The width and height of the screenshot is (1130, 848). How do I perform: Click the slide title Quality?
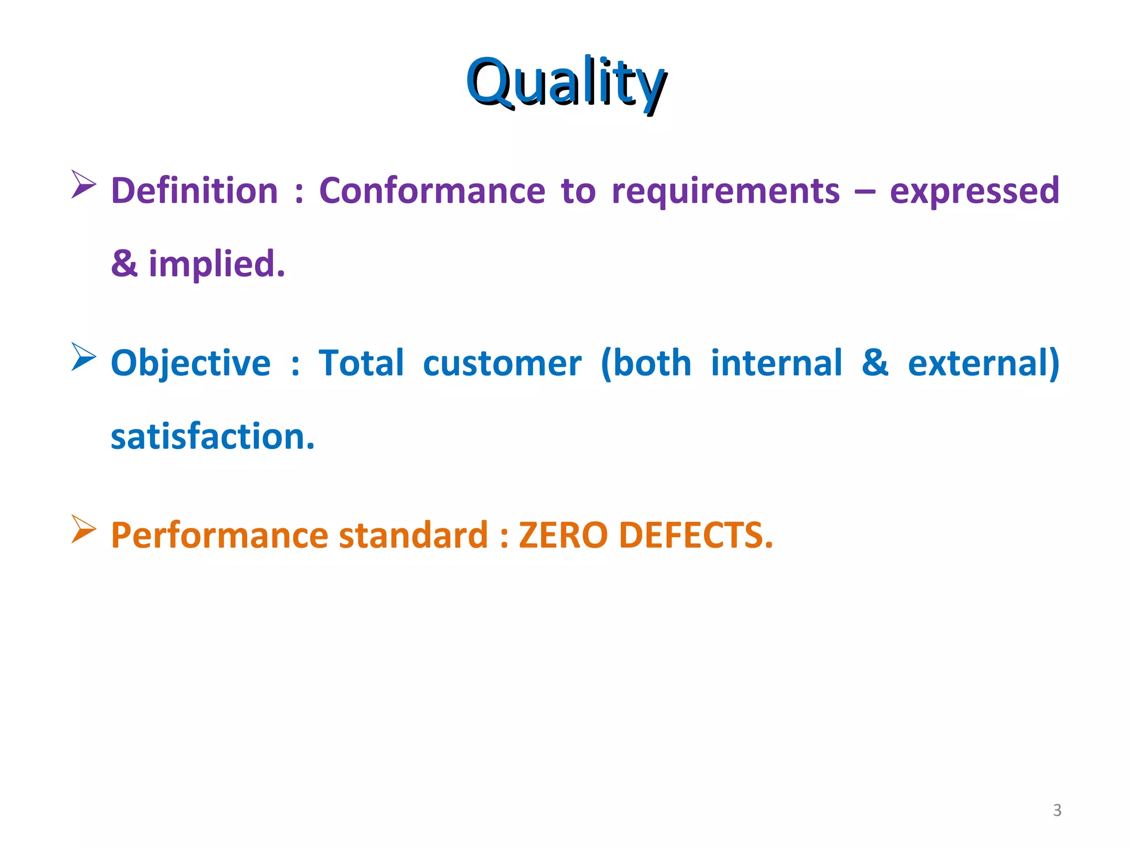coord(566,83)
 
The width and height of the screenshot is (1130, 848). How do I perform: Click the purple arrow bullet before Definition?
coord(83,184)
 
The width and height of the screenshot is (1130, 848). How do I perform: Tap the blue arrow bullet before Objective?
coord(83,357)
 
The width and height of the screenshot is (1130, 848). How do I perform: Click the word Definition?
coord(194,191)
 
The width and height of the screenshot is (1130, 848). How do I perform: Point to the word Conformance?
coord(432,191)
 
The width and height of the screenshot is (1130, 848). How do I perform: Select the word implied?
coord(217,264)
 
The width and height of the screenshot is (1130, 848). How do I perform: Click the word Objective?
coord(191,364)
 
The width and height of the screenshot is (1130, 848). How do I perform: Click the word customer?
coord(502,364)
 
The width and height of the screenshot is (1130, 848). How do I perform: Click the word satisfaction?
coord(212,437)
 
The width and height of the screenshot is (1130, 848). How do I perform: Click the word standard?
coord(413,536)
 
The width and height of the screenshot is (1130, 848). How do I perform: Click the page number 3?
coord(1057,810)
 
